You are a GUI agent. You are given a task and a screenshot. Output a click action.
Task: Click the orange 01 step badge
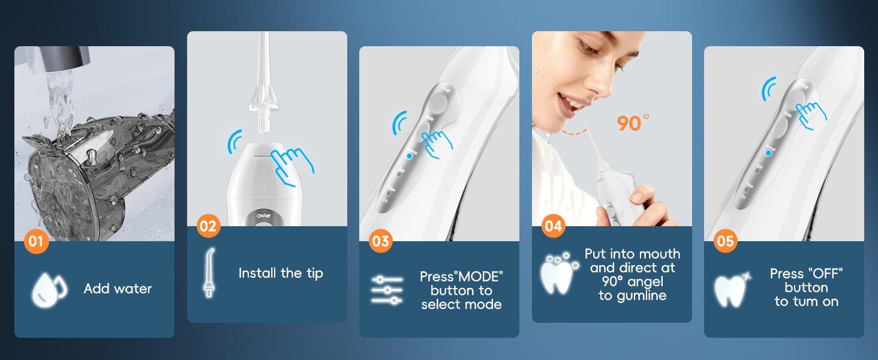(x=36, y=241)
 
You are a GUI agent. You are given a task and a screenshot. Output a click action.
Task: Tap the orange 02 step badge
(x=208, y=226)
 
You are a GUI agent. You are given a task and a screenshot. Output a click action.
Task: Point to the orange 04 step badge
(x=554, y=226)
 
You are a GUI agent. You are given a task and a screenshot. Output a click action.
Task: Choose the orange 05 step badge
(x=726, y=241)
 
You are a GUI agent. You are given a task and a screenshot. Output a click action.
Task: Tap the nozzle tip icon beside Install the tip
(x=209, y=273)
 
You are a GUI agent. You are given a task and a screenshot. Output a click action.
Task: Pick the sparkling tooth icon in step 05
(x=732, y=289)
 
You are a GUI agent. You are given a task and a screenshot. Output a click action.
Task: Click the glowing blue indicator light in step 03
(x=410, y=155)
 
